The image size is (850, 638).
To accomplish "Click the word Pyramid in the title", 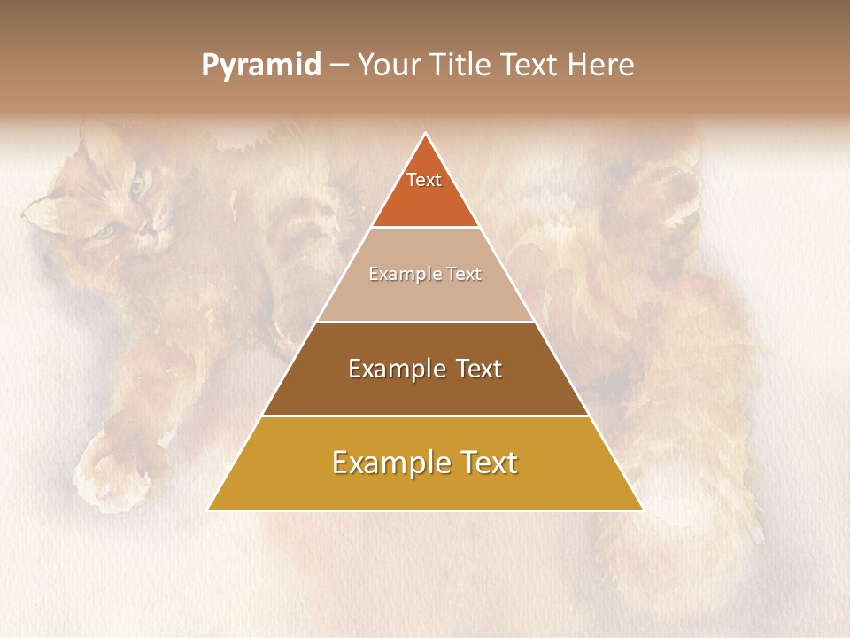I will coord(260,66).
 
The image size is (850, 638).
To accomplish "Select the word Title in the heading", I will coord(462,66).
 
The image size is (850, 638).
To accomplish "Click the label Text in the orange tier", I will coord(424,180).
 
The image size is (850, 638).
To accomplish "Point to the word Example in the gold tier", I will coord(387,463).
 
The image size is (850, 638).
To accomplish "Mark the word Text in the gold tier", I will coord(490,463).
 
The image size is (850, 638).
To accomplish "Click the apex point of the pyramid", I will coord(426,134).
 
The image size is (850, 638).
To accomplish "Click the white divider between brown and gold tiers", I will coord(426,416).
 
